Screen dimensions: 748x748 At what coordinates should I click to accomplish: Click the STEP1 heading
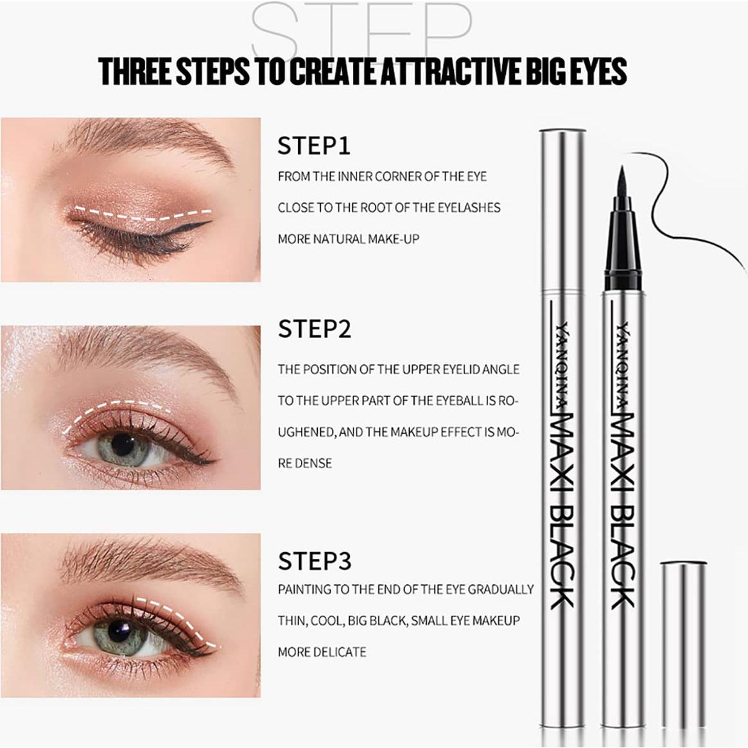(314, 146)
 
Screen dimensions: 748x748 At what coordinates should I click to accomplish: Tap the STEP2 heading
(314, 329)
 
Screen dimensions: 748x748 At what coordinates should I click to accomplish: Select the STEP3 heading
(314, 561)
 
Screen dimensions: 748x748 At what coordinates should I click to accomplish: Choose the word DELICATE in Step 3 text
(340, 652)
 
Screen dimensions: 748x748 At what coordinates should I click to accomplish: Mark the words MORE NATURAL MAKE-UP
(348, 239)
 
